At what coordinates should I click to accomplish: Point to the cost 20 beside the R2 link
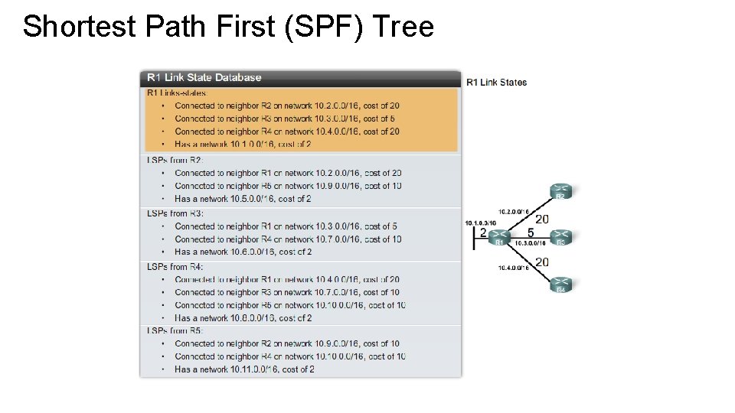[x=541, y=219]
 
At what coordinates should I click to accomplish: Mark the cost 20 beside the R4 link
[x=541, y=262]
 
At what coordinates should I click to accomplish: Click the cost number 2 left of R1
[x=483, y=233]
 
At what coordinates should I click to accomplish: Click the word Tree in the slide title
[x=404, y=27]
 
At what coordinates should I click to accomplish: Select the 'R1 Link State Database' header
[x=204, y=77]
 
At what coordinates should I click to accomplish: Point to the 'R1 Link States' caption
[x=496, y=82]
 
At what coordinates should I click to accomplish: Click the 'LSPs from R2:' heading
[x=175, y=160]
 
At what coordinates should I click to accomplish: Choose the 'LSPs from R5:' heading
[x=175, y=330]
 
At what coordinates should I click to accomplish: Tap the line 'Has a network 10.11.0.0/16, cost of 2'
[x=244, y=369]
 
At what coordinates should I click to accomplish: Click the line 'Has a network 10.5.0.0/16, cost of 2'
[x=242, y=199]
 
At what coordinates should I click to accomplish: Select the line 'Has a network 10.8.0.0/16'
[x=243, y=318]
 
